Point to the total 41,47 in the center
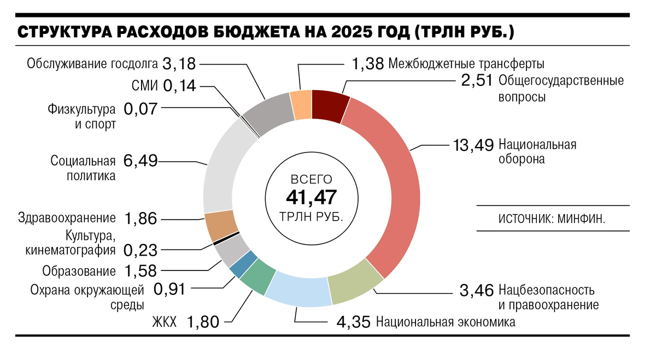pyautogui.click(x=311, y=197)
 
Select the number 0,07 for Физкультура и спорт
pyautogui.click(x=140, y=109)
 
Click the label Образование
pyautogui.click(x=79, y=271)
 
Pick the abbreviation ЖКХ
pyautogui.click(x=164, y=322)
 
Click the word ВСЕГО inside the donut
pyautogui.click(x=311, y=179)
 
